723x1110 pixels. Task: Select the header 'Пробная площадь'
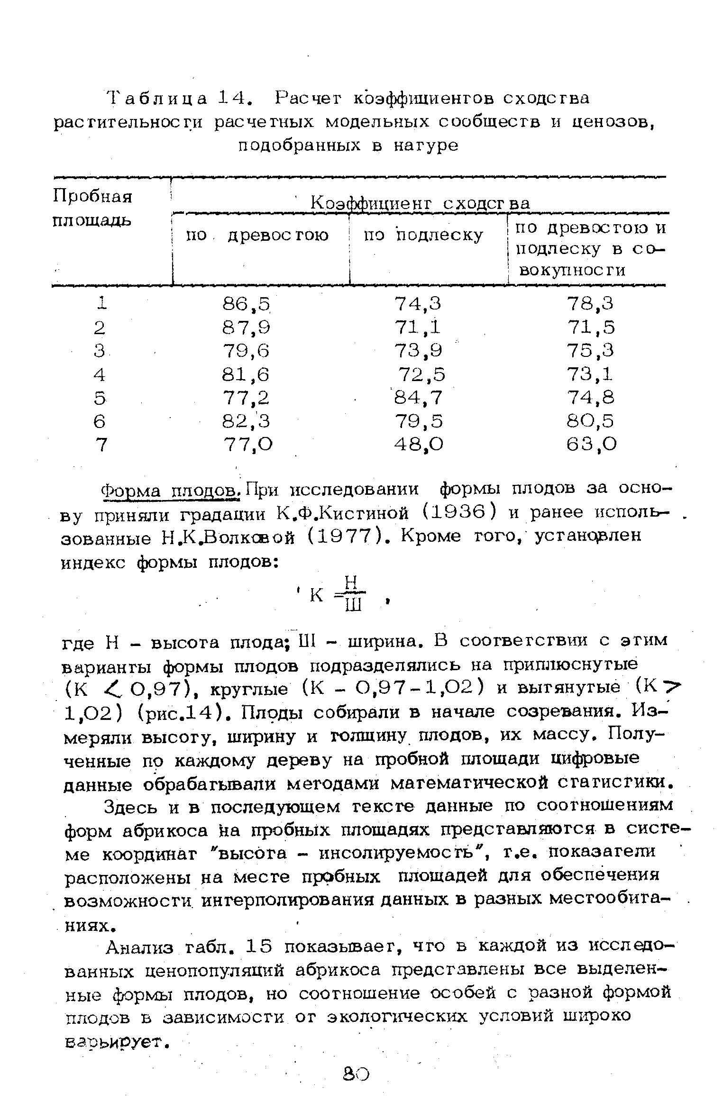pyautogui.click(x=92, y=208)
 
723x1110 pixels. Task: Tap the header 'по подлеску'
pyautogui.click(x=423, y=235)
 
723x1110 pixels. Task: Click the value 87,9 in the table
pyautogui.click(x=246, y=328)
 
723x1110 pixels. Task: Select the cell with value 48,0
pyautogui.click(x=419, y=444)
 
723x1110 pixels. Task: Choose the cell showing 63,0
pyautogui.click(x=591, y=444)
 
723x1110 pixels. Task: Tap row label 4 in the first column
pyautogui.click(x=99, y=374)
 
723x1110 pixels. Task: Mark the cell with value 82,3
pyautogui.click(x=246, y=421)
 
